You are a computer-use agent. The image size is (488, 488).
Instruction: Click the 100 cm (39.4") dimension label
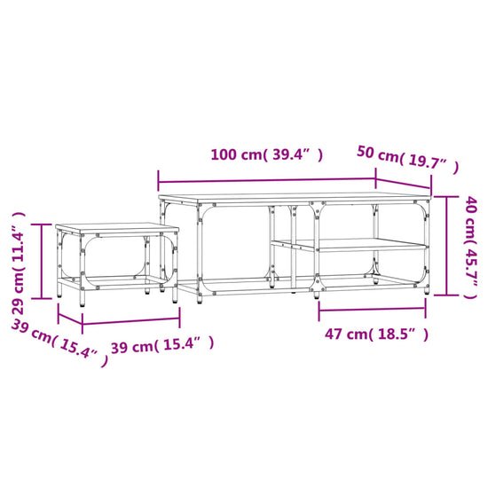(267, 154)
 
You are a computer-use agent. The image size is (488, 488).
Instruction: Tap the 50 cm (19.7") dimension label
(408, 159)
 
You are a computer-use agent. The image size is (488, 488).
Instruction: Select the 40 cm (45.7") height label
(470, 248)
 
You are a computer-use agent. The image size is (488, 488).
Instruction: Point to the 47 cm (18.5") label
(376, 334)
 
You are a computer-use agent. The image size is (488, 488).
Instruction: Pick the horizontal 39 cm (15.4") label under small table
(162, 345)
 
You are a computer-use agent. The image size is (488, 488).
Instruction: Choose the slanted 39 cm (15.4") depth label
(59, 342)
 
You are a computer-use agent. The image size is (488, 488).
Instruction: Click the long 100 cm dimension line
(267, 180)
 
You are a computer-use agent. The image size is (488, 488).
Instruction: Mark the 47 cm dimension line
(372, 310)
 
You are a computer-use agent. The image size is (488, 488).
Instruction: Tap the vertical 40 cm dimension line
(446, 246)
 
